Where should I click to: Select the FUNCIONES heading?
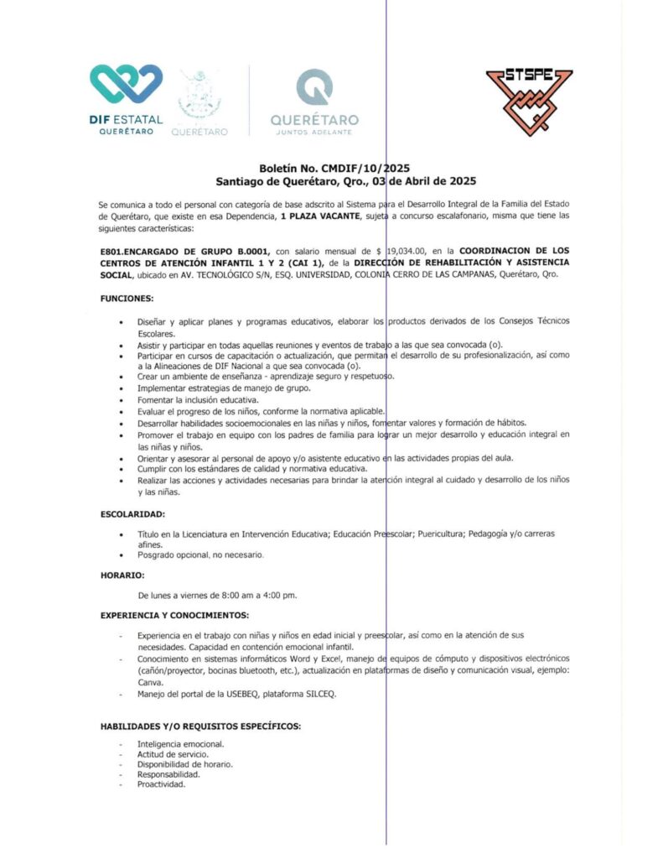tap(127, 298)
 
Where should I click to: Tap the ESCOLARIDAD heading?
tap(133, 513)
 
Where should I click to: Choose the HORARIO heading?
tap(122, 575)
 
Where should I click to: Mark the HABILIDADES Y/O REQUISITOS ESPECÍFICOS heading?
tap(200, 725)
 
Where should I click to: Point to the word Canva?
tap(150, 683)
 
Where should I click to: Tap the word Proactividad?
tap(161, 784)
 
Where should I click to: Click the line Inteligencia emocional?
tap(180, 744)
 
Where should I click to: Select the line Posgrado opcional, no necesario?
tap(200, 554)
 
